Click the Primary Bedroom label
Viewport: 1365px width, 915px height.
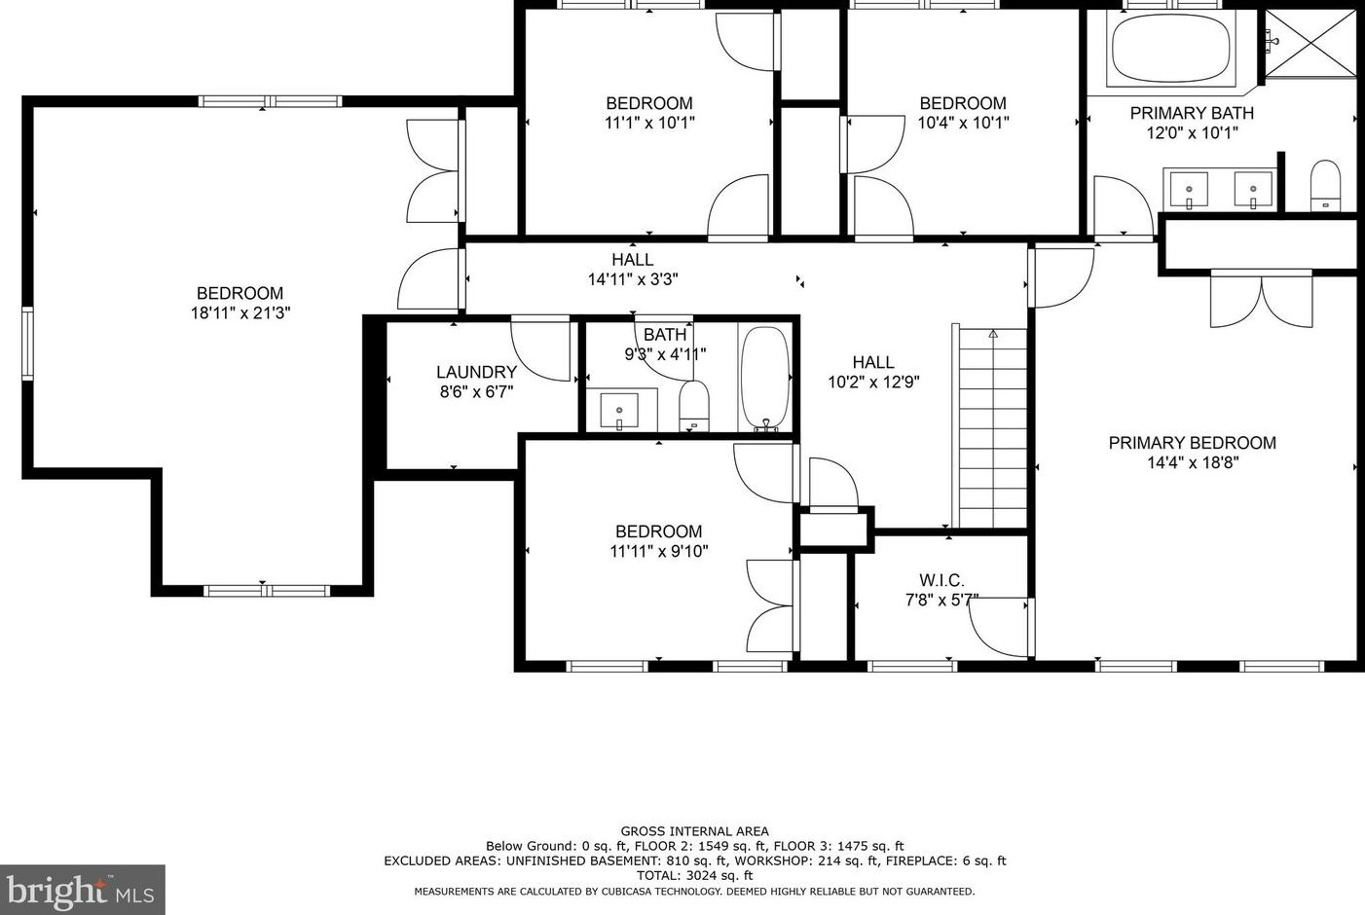tap(1192, 443)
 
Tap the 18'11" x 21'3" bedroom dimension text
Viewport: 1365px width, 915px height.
tap(240, 313)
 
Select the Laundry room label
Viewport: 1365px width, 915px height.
tap(476, 372)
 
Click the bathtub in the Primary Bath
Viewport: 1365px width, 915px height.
tap(1171, 49)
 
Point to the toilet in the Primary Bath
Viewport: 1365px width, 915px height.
tap(1325, 185)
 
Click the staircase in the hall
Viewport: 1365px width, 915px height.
tap(991, 428)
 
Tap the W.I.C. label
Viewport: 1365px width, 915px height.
tap(941, 580)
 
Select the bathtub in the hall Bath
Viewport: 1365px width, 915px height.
tap(765, 378)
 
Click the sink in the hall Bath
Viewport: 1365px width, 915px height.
tap(618, 410)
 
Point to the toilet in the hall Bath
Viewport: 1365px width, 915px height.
tap(693, 404)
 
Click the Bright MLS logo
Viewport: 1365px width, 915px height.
tap(82, 890)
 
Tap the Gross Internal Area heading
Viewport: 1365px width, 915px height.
tap(695, 831)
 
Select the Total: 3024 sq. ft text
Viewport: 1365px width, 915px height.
tap(695, 875)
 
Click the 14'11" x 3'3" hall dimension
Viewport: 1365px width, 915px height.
tap(633, 279)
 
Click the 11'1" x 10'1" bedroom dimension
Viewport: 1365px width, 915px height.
tap(649, 123)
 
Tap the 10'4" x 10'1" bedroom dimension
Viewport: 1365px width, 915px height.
tap(963, 123)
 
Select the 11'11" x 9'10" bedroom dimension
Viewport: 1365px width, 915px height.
tap(658, 551)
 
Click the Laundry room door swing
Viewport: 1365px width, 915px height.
tap(541, 348)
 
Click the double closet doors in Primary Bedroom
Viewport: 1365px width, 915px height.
tap(1261, 301)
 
